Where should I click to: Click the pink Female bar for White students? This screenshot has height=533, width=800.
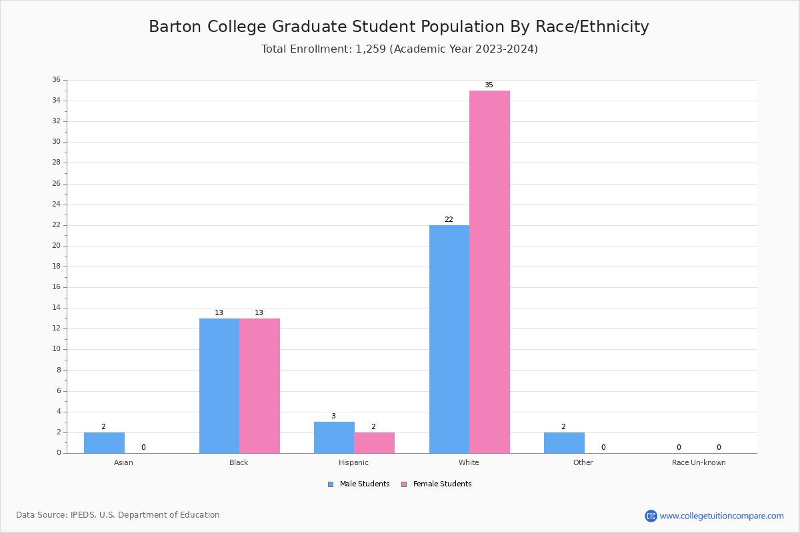[489, 272]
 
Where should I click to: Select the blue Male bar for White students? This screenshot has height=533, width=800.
[449, 339]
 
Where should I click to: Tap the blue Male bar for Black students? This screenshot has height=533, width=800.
[219, 386]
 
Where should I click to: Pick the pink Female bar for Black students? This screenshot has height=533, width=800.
[259, 386]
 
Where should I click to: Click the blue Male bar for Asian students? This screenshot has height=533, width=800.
[104, 443]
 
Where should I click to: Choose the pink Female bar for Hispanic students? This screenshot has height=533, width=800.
[374, 443]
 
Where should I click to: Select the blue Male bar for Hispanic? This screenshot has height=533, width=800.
[334, 438]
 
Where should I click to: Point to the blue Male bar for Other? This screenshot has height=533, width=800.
[564, 443]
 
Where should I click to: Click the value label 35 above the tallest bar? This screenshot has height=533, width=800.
[489, 85]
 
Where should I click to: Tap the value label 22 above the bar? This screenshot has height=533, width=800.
[449, 220]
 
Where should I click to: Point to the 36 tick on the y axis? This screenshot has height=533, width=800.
[56, 80]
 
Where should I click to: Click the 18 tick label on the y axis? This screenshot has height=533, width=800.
[56, 266]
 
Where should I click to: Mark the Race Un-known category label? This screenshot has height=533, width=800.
[699, 462]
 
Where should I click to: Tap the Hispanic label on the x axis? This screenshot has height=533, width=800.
[353, 462]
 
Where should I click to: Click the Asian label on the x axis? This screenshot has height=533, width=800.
[123, 462]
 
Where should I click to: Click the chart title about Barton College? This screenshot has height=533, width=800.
[399, 27]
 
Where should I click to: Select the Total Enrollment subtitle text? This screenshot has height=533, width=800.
[399, 49]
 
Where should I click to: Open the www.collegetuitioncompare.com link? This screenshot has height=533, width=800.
[721, 516]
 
